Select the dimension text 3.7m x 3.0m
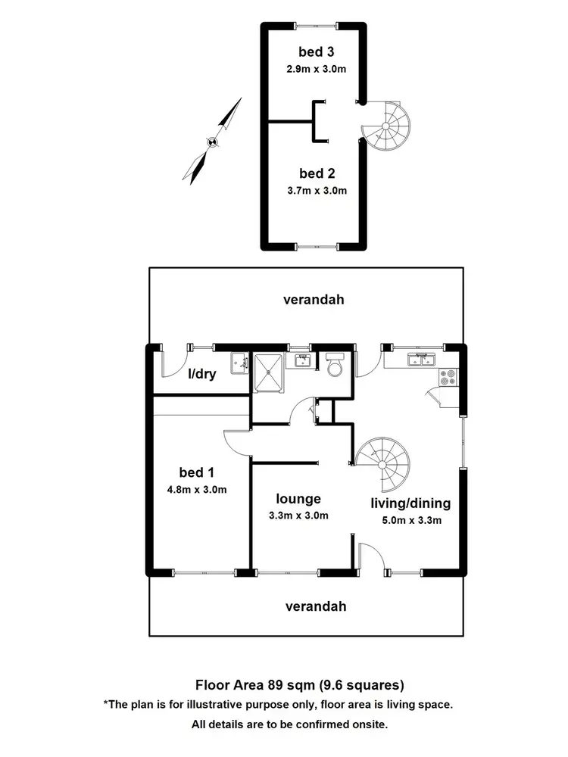click(317, 190)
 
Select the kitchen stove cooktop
click(448, 376)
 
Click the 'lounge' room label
click(298, 499)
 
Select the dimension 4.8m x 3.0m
click(197, 489)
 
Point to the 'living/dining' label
click(410, 503)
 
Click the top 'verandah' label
click(314, 299)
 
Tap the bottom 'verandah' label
click(316, 606)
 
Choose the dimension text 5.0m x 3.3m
click(411, 519)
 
